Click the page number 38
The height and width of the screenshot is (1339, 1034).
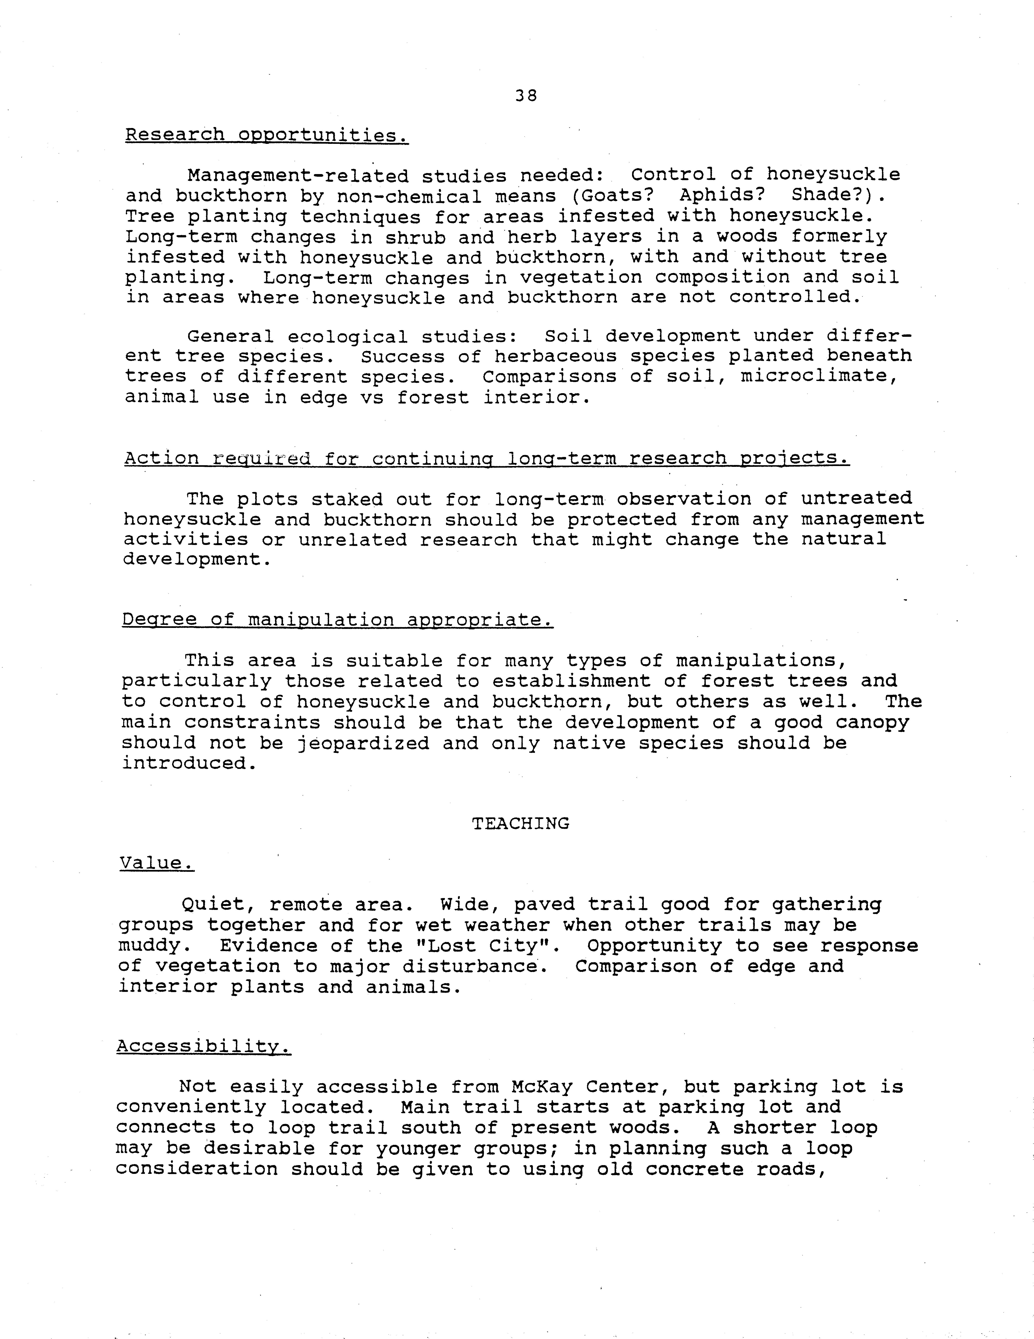pos(526,96)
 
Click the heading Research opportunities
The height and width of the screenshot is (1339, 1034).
pos(267,135)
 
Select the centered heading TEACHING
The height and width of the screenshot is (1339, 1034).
pos(521,823)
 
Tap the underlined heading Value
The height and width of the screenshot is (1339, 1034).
pos(156,863)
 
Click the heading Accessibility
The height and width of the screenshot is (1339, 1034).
pos(204,1046)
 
